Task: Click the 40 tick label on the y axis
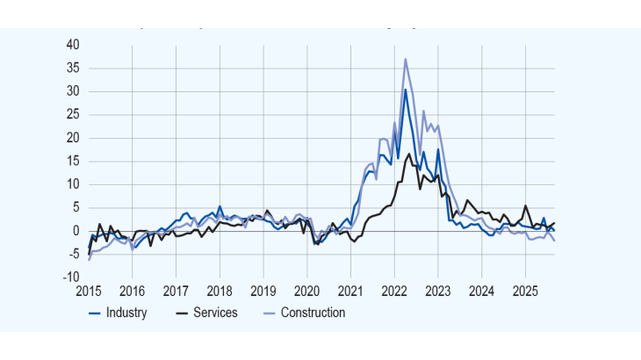pyautogui.click(x=74, y=45)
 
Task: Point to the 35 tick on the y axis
pyautogui.click(x=74, y=68)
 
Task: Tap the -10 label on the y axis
pyautogui.click(x=71, y=277)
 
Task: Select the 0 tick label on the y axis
pyautogui.click(x=77, y=231)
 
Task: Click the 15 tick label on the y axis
pyautogui.click(x=74, y=162)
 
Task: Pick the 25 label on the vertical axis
pyautogui.click(x=74, y=115)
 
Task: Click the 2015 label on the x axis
pyautogui.click(x=89, y=291)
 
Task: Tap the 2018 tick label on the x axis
pyautogui.click(x=220, y=291)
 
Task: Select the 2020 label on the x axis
pyautogui.click(x=307, y=291)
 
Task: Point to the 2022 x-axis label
pyautogui.click(x=394, y=291)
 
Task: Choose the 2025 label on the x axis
pyautogui.click(x=525, y=291)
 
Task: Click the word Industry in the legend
pyautogui.click(x=126, y=313)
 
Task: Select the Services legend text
pyautogui.click(x=216, y=313)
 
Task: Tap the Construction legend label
pyautogui.click(x=313, y=313)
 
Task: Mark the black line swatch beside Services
pyautogui.click(x=184, y=313)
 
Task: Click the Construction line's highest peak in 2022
pyautogui.click(x=405, y=59)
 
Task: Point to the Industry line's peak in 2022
pyautogui.click(x=405, y=89)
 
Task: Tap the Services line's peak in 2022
pyautogui.click(x=409, y=154)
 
